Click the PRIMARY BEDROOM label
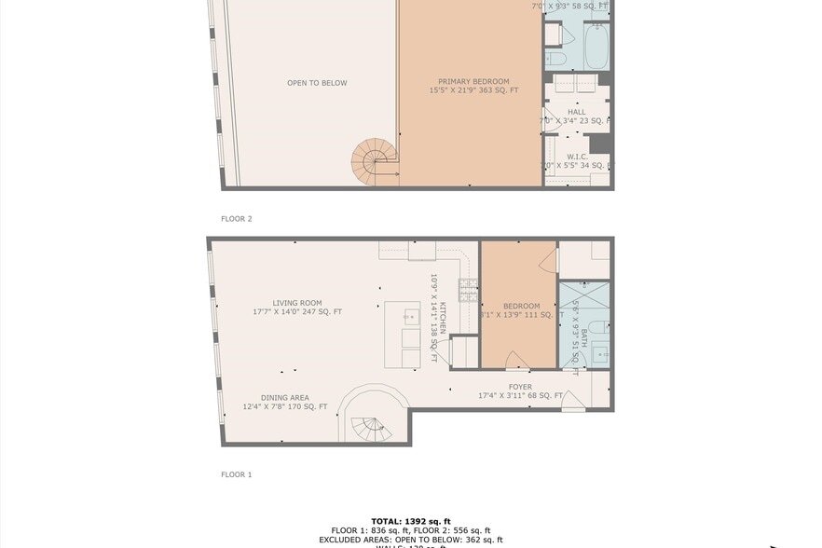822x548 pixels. click(x=473, y=81)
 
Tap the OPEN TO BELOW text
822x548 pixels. click(x=317, y=83)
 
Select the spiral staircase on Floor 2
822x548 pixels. click(x=374, y=162)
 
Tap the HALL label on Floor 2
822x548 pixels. click(x=576, y=112)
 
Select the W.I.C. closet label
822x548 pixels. click(x=576, y=157)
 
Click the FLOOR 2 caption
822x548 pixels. click(x=236, y=219)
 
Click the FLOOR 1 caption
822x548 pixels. click(x=236, y=474)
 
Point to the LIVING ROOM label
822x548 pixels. click(x=297, y=303)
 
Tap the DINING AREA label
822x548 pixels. click(x=285, y=398)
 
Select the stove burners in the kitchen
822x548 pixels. click(x=468, y=292)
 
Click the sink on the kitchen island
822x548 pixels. click(x=410, y=317)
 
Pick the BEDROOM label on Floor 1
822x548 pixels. click(x=521, y=306)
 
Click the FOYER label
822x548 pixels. click(x=520, y=387)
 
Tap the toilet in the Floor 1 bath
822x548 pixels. click(x=600, y=327)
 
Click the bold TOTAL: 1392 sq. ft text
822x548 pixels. click(x=410, y=522)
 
